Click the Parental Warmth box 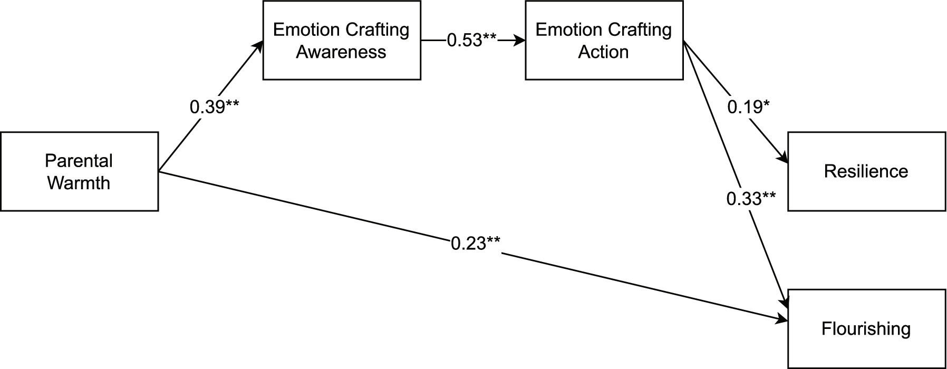79,171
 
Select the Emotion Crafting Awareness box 342,40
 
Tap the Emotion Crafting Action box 604,40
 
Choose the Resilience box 866,171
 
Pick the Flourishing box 866,329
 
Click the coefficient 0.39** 214,107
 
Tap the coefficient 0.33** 751,199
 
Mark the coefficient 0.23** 476,244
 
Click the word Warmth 79,183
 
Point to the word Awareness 341,52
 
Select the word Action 604,52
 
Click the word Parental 79,160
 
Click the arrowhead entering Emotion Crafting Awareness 258,46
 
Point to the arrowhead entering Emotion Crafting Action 520,40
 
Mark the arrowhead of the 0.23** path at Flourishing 782,319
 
